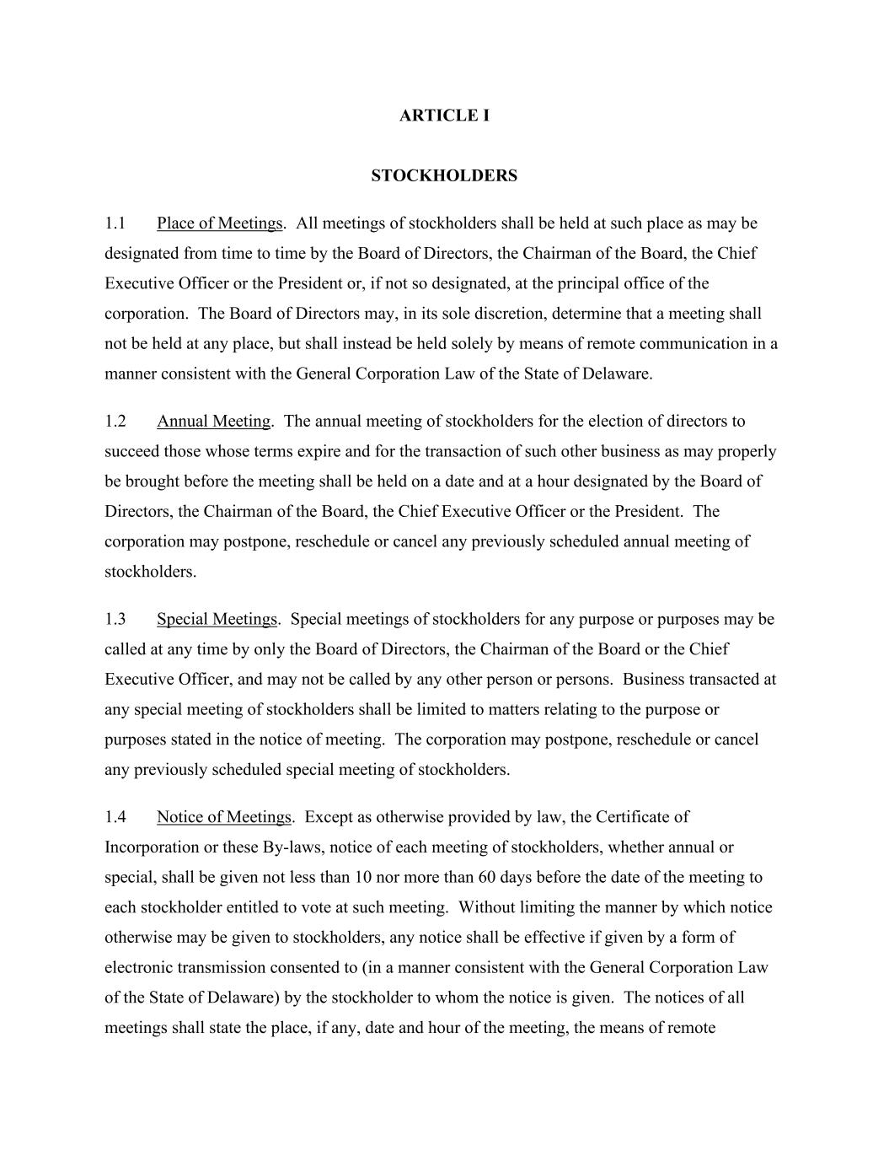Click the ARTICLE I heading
coord(444,116)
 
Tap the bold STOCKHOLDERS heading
coord(444,175)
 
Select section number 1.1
coord(115,223)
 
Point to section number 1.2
coord(115,421)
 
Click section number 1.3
coord(115,619)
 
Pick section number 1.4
coord(115,817)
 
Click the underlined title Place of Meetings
coord(219,223)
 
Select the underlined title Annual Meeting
coord(213,421)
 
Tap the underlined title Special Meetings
coord(217,619)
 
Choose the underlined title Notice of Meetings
coord(223,817)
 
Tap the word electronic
coord(137,967)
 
